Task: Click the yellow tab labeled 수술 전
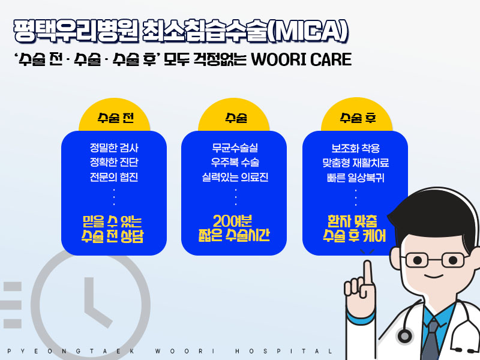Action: (x=115, y=116)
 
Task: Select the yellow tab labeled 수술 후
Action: (x=357, y=116)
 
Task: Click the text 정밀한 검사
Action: (x=114, y=148)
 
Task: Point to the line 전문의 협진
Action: (x=114, y=177)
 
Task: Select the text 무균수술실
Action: (x=235, y=148)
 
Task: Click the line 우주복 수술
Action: (x=235, y=163)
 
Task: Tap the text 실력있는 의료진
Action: (x=235, y=177)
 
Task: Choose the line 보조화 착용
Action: (x=355, y=148)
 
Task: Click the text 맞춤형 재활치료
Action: (x=355, y=163)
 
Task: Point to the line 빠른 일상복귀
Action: (x=355, y=178)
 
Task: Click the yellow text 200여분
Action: (x=232, y=221)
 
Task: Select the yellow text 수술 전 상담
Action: (x=112, y=236)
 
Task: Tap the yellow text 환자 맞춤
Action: (x=352, y=221)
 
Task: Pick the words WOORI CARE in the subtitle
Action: (x=301, y=59)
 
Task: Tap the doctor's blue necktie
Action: (x=431, y=340)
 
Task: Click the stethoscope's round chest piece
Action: (x=405, y=336)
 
